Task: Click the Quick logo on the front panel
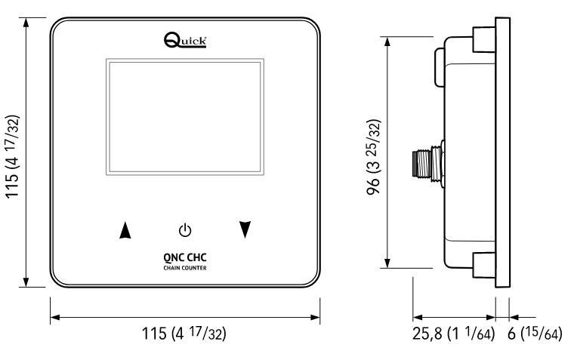point(186,40)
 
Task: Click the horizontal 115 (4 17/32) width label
point(186,333)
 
